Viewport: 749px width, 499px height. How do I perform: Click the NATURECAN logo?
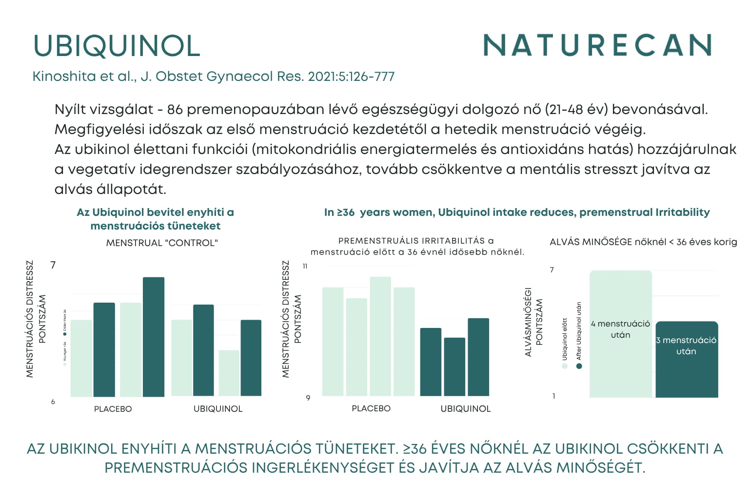597,45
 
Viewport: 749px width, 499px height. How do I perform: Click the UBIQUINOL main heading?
117,46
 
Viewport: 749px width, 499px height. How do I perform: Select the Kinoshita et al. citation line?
213,77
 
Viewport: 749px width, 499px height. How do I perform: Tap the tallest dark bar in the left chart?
154,336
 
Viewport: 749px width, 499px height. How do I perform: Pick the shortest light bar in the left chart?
229,373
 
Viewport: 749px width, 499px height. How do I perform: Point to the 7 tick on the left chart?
53,265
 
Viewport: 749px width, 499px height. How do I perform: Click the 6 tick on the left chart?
53,402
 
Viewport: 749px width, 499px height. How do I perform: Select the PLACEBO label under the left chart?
113,409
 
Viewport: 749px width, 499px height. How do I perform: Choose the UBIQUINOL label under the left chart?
218,409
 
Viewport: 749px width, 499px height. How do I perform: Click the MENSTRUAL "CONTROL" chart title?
162,243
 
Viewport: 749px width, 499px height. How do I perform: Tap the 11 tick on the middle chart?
305,266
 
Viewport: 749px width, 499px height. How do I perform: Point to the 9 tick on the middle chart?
308,398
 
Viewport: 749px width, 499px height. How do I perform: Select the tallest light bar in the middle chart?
380,336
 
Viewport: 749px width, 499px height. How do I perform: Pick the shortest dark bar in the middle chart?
454,366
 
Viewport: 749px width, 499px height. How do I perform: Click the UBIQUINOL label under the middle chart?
466,409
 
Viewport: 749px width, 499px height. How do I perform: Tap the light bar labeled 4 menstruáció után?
620,334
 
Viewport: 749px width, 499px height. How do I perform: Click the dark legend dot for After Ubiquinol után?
579,366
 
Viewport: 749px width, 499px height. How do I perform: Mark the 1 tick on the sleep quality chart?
553,396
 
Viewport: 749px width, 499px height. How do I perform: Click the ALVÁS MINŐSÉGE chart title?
643,242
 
